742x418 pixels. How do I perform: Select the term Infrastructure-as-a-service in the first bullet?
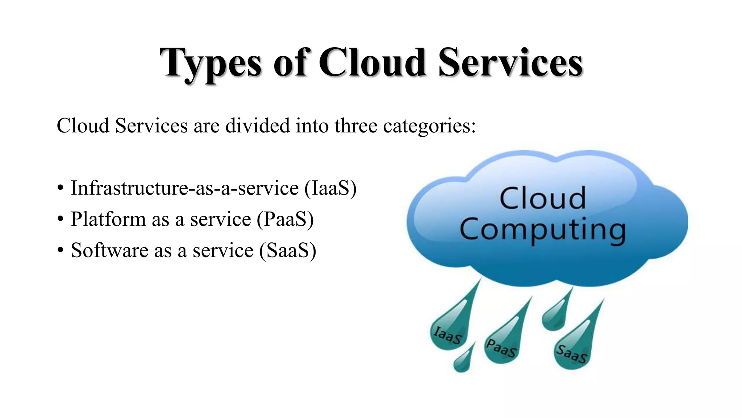click(184, 188)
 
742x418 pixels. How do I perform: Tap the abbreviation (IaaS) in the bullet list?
click(330, 188)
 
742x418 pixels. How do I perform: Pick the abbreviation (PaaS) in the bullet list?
click(285, 220)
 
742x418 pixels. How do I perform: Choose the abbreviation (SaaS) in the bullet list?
click(288, 251)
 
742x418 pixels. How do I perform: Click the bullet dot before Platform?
click(61, 219)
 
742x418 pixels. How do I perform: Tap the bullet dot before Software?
click(61, 250)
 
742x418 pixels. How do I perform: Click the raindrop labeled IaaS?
click(449, 332)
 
